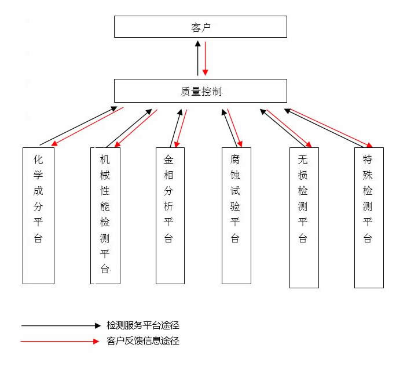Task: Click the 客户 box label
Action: pyautogui.click(x=201, y=28)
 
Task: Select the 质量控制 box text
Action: pyautogui.click(x=201, y=92)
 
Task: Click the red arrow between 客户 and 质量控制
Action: pyautogui.click(x=206, y=59)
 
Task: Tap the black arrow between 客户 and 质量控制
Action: pyautogui.click(x=198, y=58)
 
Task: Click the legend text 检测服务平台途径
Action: pyautogui.click(x=143, y=325)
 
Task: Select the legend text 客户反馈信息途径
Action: pyautogui.click(x=143, y=340)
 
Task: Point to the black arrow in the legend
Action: pyautogui.click(x=61, y=325)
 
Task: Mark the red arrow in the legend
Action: pyautogui.click(x=60, y=341)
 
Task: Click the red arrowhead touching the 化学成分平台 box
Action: pyautogui.click(x=54, y=143)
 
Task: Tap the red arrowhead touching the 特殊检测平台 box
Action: pyautogui.click(x=369, y=145)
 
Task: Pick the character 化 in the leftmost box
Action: pyautogui.click(x=38, y=159)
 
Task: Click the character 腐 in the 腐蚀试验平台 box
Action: pyautogui.click(x=235, y=159)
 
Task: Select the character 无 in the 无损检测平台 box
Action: pyautogui.click(x=303, y=159)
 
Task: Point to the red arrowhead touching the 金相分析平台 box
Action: pyautogui.click(x=177, y=144)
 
